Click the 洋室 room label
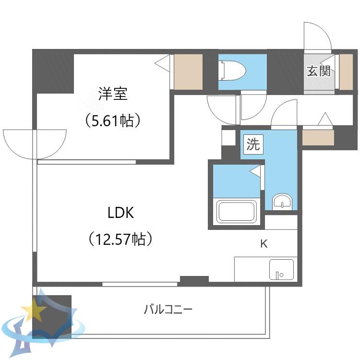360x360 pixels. tap(113, 94)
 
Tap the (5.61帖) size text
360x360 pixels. tap(112, 120)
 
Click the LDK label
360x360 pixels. tap(121, 213)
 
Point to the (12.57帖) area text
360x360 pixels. tap(120, 239)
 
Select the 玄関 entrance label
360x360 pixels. tap(319, 71)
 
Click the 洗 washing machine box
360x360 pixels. tap(253, 144)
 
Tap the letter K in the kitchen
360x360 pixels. tap(264, 243)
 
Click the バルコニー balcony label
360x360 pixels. tap(168, 309)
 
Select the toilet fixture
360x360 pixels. tap(232, 71)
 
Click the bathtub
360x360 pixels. tap(237, 211)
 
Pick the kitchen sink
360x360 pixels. tap(281, 269)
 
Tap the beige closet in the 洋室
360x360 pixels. tap(188, 72)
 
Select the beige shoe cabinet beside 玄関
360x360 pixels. tap(346, 72)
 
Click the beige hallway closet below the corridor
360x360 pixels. tap(318, 138)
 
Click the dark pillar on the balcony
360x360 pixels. tap(52, 317)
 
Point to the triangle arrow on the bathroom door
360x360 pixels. tap(255, 171)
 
